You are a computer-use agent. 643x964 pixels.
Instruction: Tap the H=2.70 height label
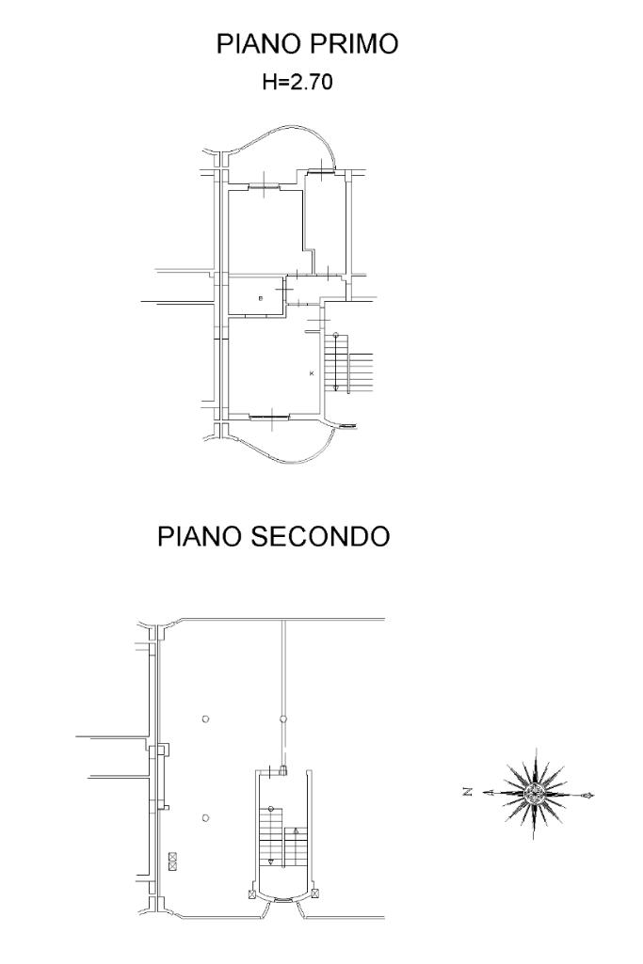(297, 83)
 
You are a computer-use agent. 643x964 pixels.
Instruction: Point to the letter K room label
(312, 373)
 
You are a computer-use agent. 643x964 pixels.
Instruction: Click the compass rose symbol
(534, 794)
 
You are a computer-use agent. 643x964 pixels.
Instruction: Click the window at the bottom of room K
(273, 415)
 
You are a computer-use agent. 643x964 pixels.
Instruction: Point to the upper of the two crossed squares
(173, 856)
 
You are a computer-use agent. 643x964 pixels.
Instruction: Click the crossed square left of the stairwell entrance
(251, 894)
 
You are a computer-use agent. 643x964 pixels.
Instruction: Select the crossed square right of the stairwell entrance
(316, 893)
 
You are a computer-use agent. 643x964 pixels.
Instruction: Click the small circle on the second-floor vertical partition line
(283, 719)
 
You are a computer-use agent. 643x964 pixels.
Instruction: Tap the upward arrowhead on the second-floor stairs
(296, 831)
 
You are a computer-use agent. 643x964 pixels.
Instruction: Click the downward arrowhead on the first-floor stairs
(336, 387)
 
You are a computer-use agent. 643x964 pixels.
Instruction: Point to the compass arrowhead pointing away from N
(590, 795)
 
